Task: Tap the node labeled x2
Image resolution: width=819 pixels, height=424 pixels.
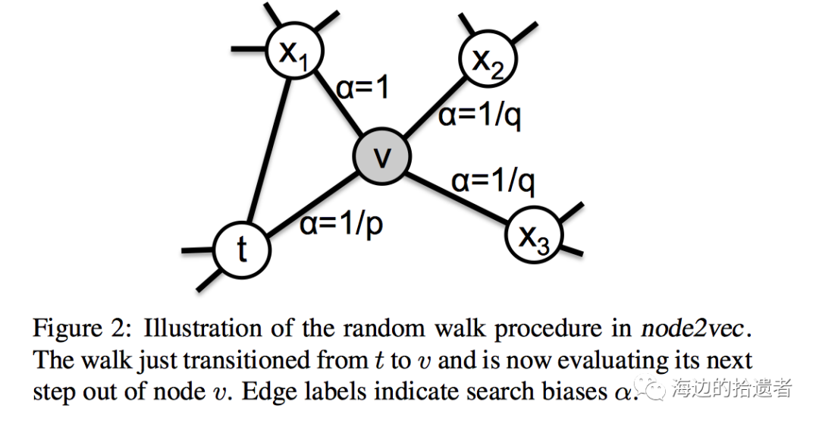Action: coord(488,58)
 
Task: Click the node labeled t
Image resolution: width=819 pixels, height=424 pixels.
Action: coord(242,250)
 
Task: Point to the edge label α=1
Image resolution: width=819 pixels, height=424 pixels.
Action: coord(362,90)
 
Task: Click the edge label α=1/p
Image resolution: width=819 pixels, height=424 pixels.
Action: coord(340,225)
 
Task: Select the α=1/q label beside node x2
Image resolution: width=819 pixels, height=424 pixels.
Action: coord(480,118)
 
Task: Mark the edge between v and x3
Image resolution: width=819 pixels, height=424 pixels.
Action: coord(458,196)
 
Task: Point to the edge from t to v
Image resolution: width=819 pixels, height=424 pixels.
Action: coord(312,203)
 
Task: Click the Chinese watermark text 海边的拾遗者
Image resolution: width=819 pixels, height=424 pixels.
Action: coord(732,388)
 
